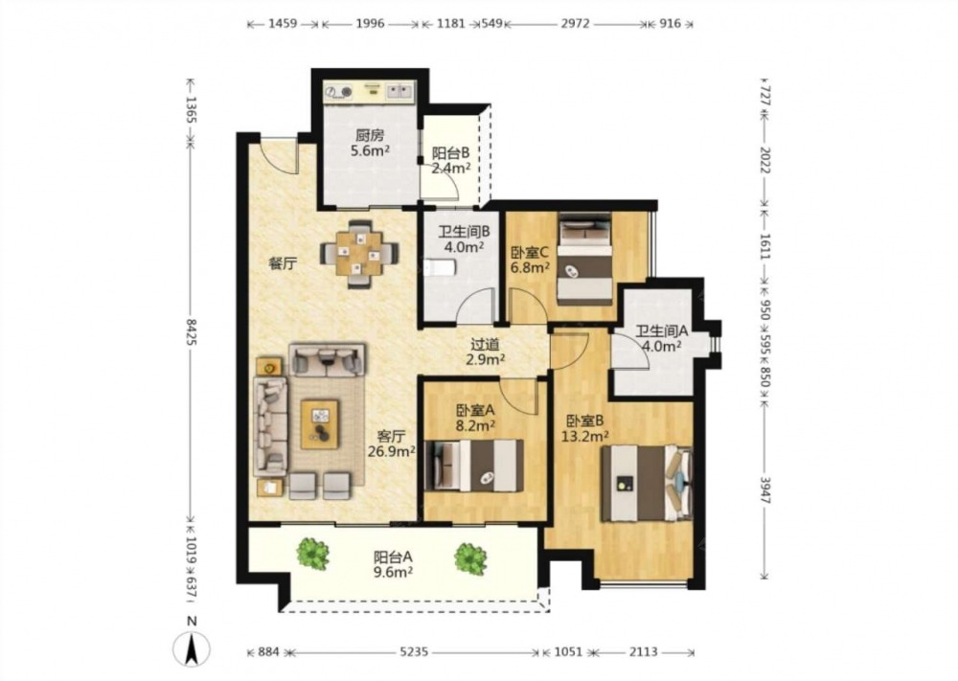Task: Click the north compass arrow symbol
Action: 192,648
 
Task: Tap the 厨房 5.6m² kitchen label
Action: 370,143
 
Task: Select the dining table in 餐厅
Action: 359,254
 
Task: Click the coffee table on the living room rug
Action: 320,424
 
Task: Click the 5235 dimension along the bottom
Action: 414,652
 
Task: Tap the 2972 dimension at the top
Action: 575,24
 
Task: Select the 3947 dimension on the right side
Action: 764,488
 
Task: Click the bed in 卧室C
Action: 584,259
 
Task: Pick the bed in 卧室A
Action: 474,465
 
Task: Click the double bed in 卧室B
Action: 647,483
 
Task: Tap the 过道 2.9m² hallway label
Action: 485,352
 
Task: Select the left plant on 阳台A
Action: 313,554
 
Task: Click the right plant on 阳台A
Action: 470,558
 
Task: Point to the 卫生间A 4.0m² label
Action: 662,339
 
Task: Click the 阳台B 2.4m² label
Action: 451,161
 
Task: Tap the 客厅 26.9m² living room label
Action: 392,444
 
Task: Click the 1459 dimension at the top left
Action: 283,24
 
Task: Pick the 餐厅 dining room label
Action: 284,263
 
